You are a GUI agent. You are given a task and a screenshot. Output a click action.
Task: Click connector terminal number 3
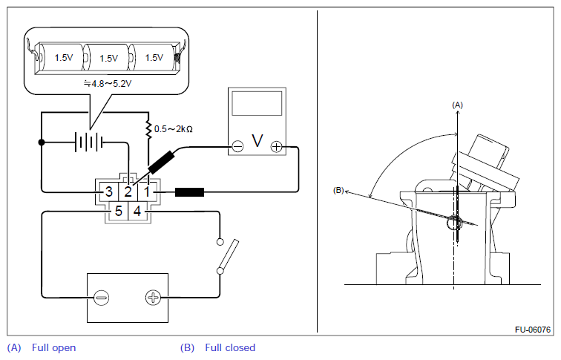pyautogui.click(x=109, y=192)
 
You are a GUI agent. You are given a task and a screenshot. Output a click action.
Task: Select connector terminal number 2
pyautogui.click(x=128, y=192)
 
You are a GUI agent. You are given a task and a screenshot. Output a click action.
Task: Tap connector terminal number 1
pyautogui.click(x=147, y=192)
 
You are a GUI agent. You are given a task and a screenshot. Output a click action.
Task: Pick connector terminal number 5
pyautogui.click(x=119, y=211)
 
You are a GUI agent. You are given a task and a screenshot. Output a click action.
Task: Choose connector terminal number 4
pyautogui.click(x=137, y=211)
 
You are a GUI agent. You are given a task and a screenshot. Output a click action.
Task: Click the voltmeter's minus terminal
pyautogui.click(x=237, y=146)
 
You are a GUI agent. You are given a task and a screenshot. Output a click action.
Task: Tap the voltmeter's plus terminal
pyautogui.click(x=276, y=146)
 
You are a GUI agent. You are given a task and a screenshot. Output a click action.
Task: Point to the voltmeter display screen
pyautogui.click(x=257, y=103)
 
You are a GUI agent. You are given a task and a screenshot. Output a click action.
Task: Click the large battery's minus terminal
pyautogui.click(x=101, y=298)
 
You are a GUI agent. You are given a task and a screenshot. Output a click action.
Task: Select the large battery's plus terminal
pyautogui.click(x=153, y=298)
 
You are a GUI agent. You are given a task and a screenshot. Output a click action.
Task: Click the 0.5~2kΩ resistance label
pyautogui.click(x=174, y=129)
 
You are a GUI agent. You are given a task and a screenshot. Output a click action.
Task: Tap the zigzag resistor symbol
pyautogui.click(x=148, y=130)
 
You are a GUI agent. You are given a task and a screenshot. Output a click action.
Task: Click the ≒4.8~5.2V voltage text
pyautogui.click(x=108, y=84)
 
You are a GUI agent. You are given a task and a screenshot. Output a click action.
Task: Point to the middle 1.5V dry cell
pyautogui.click(x=108, y=58)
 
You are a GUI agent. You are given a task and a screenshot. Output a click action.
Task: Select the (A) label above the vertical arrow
pyautogui.click(x=457, y=105)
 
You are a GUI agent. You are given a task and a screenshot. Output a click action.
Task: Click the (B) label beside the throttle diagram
pyautogui.click(x=338, y=190)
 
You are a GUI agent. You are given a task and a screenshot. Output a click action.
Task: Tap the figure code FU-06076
pyautogui.click(x=533, y=330)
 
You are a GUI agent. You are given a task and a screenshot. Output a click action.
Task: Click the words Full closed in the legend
pyautogui.click(x=230, y=348)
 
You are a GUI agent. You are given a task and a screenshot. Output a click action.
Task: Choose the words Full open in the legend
pyautogui.click(x=53, y=348)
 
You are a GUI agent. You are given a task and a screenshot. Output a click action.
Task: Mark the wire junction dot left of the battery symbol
pyautogui.click(x=42, y=143)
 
